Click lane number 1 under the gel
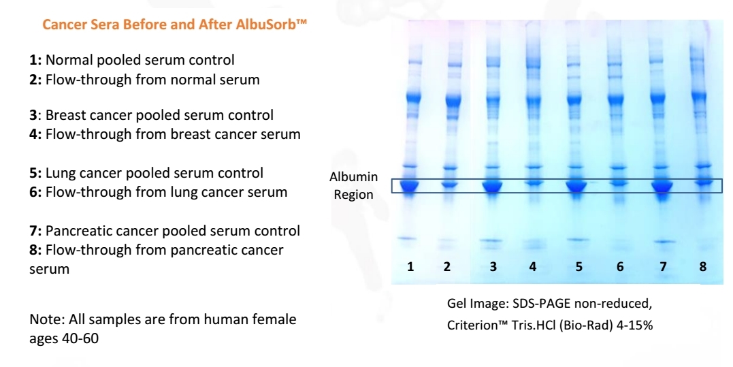coord(410,266)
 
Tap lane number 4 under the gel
coord(533,266)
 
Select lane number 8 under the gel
coord(703,266)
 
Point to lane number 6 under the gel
coord(620,266)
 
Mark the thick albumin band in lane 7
coord(662,187)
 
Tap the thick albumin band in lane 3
coord(492,186)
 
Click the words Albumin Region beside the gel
coord(353,186)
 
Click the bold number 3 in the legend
coord(33,115)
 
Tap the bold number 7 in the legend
coord(33,231)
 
